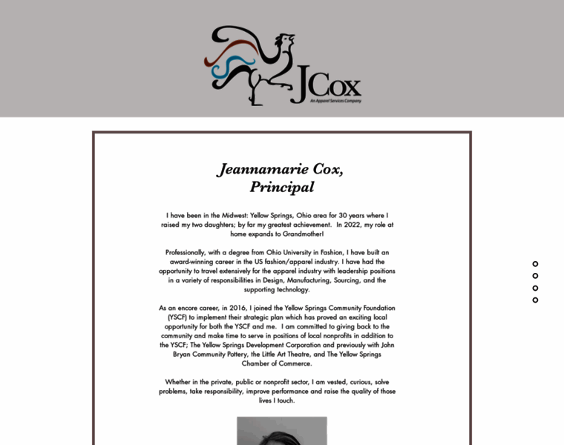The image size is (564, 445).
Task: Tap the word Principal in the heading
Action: pos(281,187)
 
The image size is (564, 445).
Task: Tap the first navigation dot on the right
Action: pos(535,264)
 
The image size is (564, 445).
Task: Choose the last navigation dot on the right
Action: pos(535,300)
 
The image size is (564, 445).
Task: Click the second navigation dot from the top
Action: pos(535,276)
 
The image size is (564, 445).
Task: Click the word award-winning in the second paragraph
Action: pos(191,262)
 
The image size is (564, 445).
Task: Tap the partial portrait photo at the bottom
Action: pos(281,431)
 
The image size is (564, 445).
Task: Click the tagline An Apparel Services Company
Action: pos(335,101)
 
